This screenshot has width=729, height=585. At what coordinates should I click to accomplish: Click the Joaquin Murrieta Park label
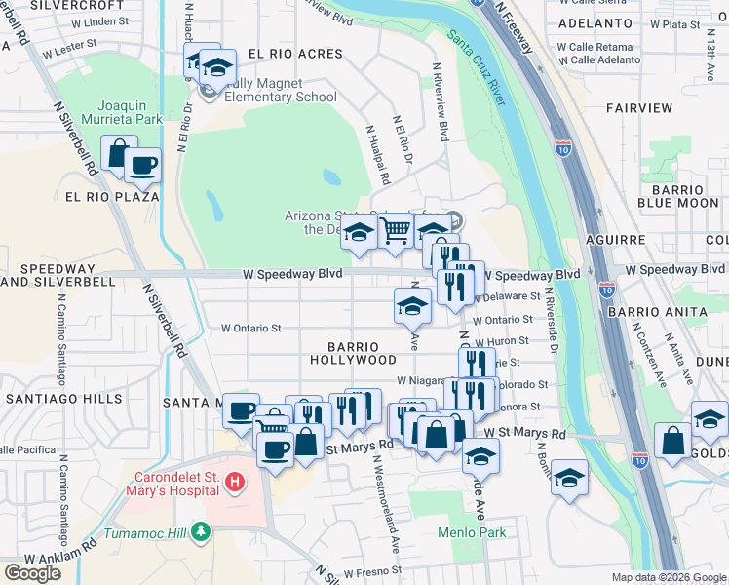(x=129, y=111)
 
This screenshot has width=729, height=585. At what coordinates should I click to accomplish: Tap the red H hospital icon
(x=234, y=481)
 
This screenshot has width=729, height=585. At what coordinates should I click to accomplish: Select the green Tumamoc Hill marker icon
(x=200, y=531)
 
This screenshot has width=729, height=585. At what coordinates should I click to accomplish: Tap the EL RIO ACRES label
(x=295, y=54)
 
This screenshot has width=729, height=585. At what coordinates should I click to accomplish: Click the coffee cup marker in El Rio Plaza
(x=142, y=164)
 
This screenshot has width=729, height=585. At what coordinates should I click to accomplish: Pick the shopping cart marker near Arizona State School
(x=395, y=231)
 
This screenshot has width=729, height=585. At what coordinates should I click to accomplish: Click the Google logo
(x=32, y=572)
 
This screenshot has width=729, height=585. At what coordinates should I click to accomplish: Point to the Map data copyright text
(x=668, y=577)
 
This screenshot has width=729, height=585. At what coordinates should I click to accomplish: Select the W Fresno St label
(x=369, y=569)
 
